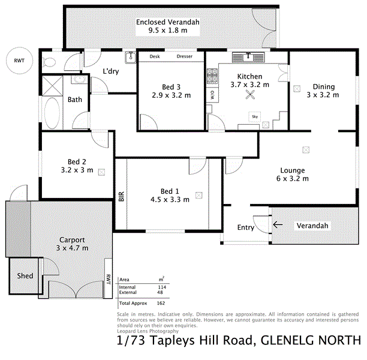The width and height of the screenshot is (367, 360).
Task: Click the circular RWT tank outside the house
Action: coord(20,61)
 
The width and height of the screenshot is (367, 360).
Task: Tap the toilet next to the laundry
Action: coord(51,61)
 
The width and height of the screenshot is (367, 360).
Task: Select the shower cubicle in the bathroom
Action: coord(52,85)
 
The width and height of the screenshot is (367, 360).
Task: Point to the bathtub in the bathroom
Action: coord(52,114)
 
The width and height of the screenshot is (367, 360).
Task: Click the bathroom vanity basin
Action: coord(79,79)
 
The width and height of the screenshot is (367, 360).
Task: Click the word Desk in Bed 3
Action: coord(154,57)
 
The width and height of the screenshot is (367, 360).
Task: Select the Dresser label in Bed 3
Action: coord(184,57)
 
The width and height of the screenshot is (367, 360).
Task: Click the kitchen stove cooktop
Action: coord(212,76)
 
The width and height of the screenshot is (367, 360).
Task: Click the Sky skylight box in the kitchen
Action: coord(254,116)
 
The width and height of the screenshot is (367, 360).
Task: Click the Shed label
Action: coord(25,276)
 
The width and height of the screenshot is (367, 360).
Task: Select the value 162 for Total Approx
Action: coord(161,303)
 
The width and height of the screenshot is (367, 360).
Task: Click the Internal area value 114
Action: coord(161,287)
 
